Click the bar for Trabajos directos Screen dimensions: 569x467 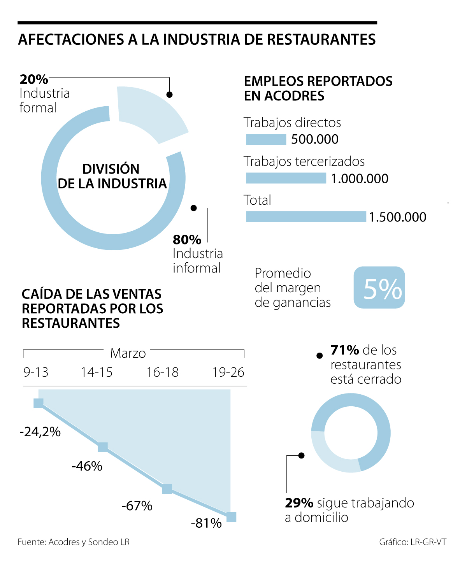click(266, 139)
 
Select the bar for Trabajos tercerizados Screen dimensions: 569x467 click(286, 178)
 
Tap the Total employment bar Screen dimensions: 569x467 click(306, 217)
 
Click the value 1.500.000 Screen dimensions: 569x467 click(397, 217)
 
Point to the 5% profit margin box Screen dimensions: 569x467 click(379, 288)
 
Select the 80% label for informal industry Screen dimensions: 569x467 click(187, 239)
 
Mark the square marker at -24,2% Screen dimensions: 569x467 click(39, 403)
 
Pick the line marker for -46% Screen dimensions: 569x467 click(103, 447)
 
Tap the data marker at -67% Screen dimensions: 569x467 click(167, 489)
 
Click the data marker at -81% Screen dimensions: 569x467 click(231, 517)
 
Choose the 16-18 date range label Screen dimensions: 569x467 click(162, 372)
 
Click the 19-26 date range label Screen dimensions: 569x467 click(228, 372)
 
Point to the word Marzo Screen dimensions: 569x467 click(128, 353)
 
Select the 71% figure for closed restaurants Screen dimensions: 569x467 click(344, 350)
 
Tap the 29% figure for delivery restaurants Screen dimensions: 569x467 click(299, 503)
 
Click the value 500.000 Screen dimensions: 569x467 click(315, 139)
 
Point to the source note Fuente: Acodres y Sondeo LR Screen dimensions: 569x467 click(74, 542)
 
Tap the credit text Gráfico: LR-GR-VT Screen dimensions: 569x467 click(413, 542)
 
